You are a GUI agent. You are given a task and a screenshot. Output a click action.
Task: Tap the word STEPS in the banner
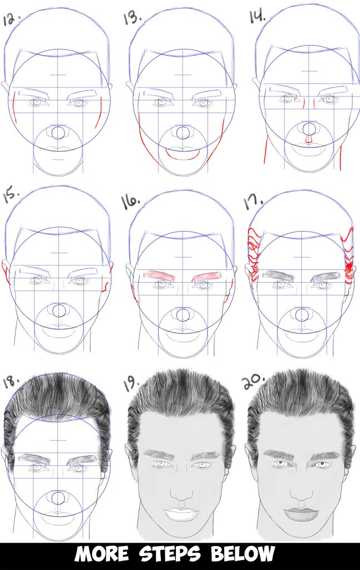[x=181, y=554]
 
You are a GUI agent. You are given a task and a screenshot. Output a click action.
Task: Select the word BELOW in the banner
[x=247, y=554]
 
